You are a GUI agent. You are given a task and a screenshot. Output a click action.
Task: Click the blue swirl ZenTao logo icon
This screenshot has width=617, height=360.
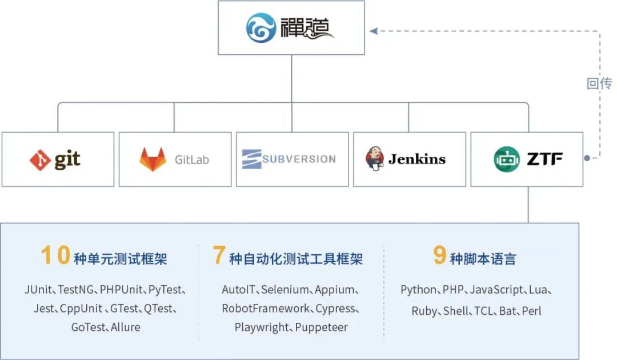tap(261, 27)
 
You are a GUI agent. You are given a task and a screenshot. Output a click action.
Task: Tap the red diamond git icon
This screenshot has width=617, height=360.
tap(40, 160)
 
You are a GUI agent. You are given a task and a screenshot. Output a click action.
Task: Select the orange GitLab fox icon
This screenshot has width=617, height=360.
tap(153, 159)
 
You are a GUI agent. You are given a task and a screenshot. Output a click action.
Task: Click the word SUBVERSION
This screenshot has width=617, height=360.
tap(299, 159)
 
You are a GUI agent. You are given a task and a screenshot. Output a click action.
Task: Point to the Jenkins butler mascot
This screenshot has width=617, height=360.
tap(375, 158)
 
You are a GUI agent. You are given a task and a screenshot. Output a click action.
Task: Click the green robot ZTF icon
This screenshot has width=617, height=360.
tap(507, 159)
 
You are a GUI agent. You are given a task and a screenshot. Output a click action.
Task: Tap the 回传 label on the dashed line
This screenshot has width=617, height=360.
tap(599, 83)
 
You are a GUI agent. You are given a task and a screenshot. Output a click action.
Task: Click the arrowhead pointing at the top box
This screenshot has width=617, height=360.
tap(374, 31)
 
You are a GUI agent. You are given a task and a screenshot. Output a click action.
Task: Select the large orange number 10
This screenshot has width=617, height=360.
tap(56, 255)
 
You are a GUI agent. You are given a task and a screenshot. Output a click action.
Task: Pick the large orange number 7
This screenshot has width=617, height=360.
tap(219, 254)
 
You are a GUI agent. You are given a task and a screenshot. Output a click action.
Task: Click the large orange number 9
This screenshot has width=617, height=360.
tap(439, 254)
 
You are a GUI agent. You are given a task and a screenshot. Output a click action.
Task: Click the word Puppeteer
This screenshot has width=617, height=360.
tap(322, 327)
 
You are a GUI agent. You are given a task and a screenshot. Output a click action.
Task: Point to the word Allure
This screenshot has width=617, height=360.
tap(126, 327)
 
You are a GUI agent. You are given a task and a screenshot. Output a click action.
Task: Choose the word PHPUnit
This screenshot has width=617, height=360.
tap(121, 290)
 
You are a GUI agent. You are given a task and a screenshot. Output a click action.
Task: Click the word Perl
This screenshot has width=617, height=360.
tap(532, 311)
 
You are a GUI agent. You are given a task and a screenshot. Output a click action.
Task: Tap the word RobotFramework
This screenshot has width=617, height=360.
tap(266, 309)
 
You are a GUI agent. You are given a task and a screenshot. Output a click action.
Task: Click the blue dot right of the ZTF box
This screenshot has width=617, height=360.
tap(587, 158)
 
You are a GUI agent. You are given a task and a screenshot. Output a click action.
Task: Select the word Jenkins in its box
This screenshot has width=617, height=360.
tap(417, 159)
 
